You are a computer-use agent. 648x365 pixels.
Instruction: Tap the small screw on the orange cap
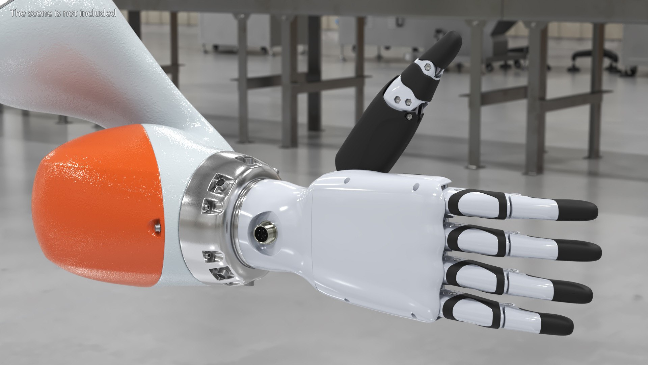tap(156, 226)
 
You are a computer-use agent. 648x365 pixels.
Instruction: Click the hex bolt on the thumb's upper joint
tap(428, 66)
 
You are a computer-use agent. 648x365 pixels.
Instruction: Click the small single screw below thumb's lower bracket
tap(409, 117)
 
